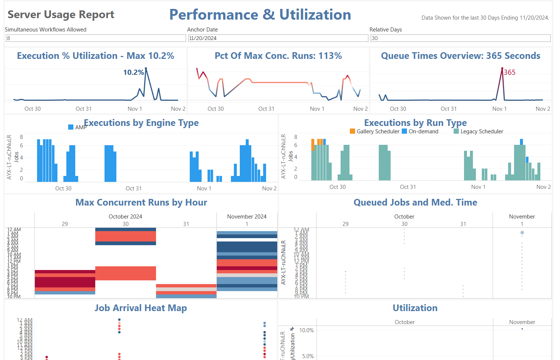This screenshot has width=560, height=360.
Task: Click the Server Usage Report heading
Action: point(61,14)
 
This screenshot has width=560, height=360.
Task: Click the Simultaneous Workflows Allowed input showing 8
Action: point(96,38)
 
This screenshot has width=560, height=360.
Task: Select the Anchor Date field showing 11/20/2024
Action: point(278,38)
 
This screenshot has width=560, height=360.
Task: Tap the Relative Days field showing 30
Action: point(460,38)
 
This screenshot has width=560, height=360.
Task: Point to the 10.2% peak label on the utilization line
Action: point(133,72)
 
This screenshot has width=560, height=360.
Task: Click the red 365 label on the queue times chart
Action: point(510,72)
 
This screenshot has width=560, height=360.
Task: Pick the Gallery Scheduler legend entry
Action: point(375,131)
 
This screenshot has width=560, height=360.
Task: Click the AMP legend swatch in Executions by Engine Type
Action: point(71,127)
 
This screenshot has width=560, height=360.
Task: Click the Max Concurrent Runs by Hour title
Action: point(141,202)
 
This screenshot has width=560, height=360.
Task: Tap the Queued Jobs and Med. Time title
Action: point(415,202)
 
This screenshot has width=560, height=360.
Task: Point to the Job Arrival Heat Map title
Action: point(140,308)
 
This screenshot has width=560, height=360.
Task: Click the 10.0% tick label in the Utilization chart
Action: point(306,330)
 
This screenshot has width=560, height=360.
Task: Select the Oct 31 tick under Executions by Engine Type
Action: point(133,189)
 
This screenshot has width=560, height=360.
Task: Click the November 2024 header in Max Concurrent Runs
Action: point(247,217)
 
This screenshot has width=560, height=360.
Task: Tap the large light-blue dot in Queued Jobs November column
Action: point(522,233)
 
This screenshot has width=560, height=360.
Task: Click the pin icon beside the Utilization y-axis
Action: point(292,329)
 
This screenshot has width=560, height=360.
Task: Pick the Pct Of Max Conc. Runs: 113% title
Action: point(278,56)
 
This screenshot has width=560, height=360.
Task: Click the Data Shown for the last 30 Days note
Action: point(485,18)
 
